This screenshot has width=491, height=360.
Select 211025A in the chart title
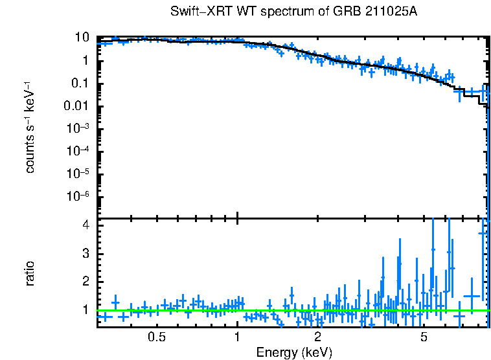[366, 12]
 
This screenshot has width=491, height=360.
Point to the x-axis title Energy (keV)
[294, 352]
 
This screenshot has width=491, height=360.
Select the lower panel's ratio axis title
[30, 273]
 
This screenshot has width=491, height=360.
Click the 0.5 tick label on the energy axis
[157, 337]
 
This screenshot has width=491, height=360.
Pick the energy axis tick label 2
[318, 337]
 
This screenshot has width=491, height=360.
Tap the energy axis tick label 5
[424, 337]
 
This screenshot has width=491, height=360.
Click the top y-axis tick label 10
[82, 38]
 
